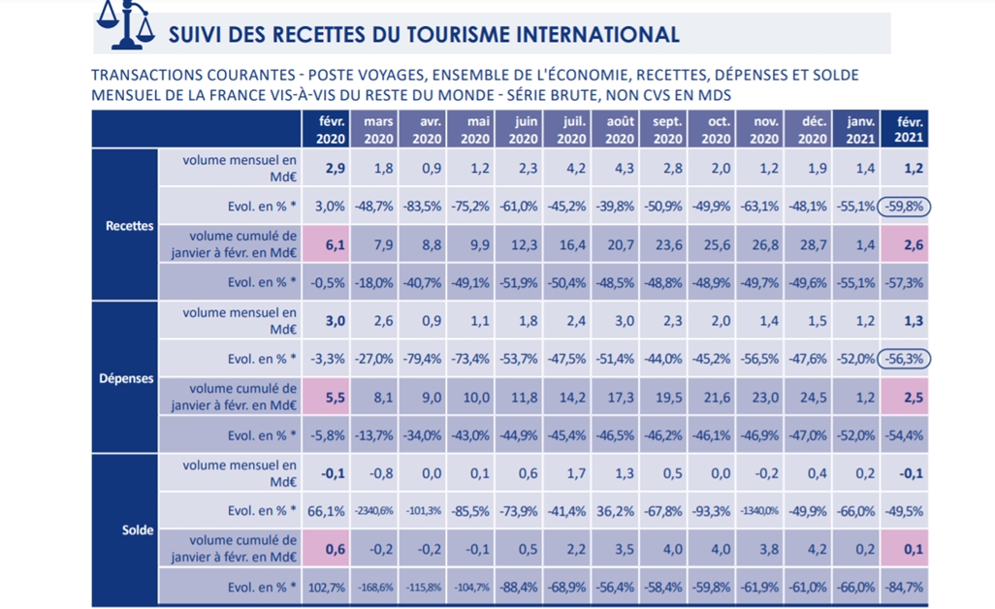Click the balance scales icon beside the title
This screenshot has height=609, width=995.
click(127, 23)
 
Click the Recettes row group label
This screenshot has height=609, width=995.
click(129, 226)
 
